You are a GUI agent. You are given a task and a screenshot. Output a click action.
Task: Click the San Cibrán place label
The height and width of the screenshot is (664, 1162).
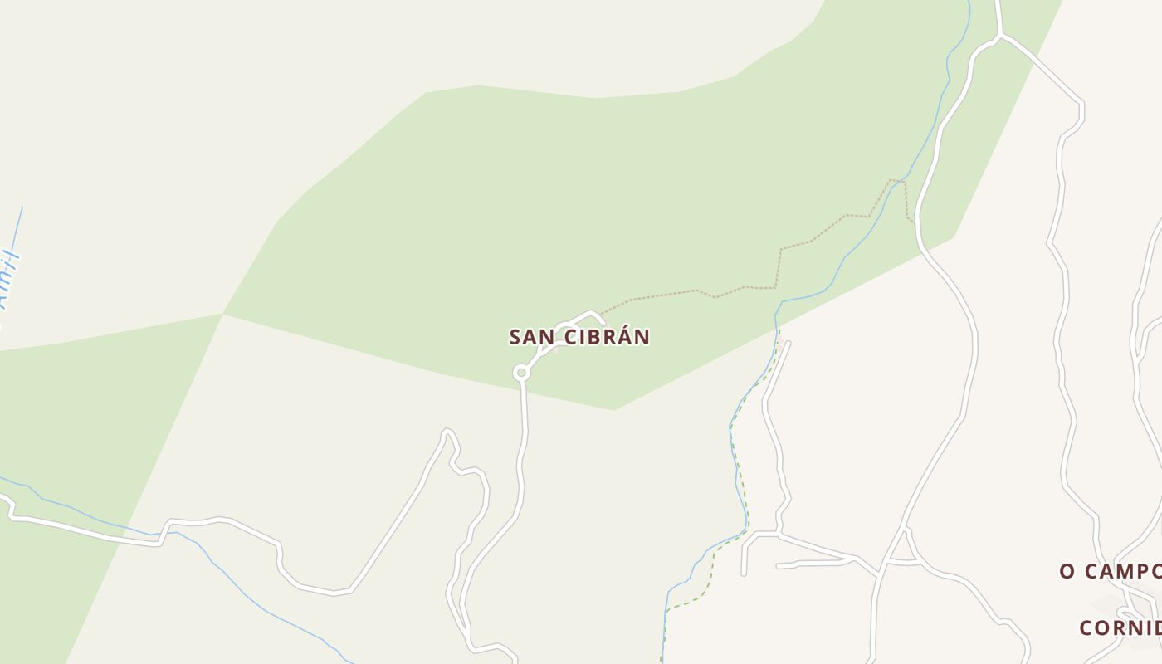coord(579,337)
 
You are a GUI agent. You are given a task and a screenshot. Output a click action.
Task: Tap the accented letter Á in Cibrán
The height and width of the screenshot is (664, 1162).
coord(622,336)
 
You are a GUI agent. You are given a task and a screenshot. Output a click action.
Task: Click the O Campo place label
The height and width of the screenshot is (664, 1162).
coord(1110,571)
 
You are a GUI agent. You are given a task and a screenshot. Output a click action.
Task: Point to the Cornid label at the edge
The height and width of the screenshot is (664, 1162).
coord(1120,627)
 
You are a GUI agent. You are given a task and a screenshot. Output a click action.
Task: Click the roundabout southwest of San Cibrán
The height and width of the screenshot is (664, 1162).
coord(521,373)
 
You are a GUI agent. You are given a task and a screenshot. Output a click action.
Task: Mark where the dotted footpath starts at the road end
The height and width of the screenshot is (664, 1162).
coord(603,314)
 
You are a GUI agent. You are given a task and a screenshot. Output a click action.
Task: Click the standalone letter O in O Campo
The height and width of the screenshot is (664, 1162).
coord(1067,571)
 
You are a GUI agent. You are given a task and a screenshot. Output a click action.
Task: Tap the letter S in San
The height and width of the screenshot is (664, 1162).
coord(515,337)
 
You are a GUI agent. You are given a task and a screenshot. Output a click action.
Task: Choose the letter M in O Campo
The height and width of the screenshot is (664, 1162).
coord(1131,571)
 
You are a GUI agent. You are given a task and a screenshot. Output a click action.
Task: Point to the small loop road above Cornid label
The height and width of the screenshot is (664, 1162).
coord(1127,613)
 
